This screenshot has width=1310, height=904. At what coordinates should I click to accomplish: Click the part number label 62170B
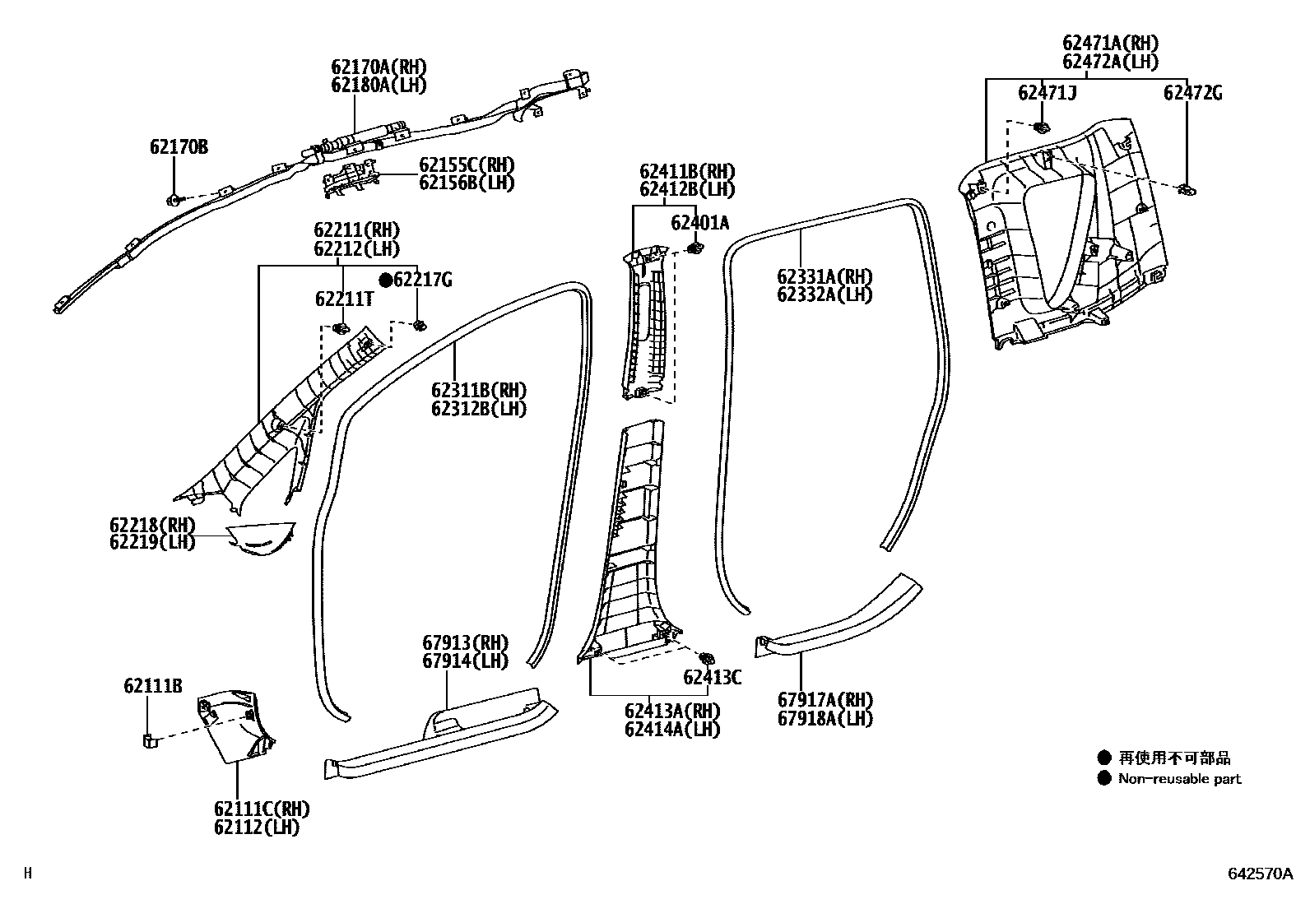pyautogui.click(x=178, y=147)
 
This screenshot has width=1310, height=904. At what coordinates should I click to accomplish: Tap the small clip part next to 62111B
pyautogui.click(x=149, y=740)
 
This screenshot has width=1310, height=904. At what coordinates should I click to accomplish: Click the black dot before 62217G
pyautogui.click(x=385, y=280)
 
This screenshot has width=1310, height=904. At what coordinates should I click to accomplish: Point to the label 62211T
pyautogui.click(x=343, y=299)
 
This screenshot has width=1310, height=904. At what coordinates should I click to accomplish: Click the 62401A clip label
pyautogui.click(x=699, y=222)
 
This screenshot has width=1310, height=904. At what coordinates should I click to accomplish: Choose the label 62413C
pyautogui.click(x=712, y=678)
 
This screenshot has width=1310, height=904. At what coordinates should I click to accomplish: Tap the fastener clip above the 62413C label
pyautogui.click(x=705, y=658)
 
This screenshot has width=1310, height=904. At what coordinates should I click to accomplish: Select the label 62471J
pyautogui.click(x=1047, y=93)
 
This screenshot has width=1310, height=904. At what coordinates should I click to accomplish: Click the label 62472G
pyautogui.click(x=1192, y=93)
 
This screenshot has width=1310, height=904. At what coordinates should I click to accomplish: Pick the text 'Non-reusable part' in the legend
pyautogui.click(x=1179, y=779)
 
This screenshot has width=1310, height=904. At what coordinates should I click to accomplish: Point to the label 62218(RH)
pyautogui.click(x=152, y=525)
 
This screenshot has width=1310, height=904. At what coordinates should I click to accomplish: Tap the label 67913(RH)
pyautogui.click(x=465, y=642)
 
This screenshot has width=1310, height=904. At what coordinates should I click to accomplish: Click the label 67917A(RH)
pyautogui.click(x=825, y=700)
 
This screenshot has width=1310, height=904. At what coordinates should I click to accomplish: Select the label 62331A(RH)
pyautogui.click(x=824, y=276)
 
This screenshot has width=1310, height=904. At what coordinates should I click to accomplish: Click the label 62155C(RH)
pyautogui.click(x=467, y=165)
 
